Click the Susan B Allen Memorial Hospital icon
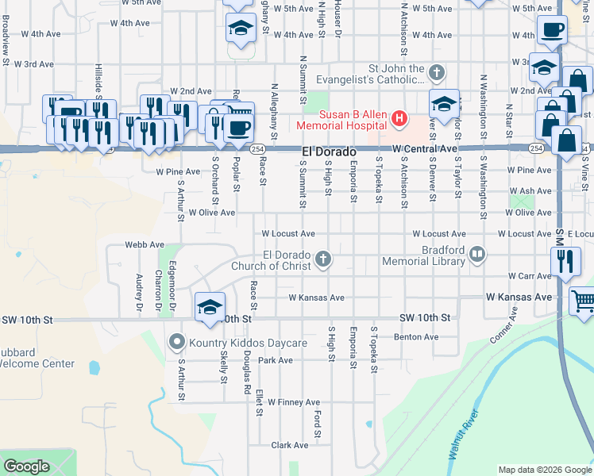click(x=399, y=120)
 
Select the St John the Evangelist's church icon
click(x=435, y=73)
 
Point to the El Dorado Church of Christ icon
click(x=323, y=258)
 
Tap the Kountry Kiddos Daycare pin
click(x=175, y=343)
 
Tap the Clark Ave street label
click(x=289, y=445)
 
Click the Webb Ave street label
click(x=145, y=244)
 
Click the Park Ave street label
click(x=276, y=360)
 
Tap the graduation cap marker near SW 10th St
click(x=210, y=307)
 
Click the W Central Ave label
click(x=425, y=148)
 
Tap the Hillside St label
click(x=98, y=80)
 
